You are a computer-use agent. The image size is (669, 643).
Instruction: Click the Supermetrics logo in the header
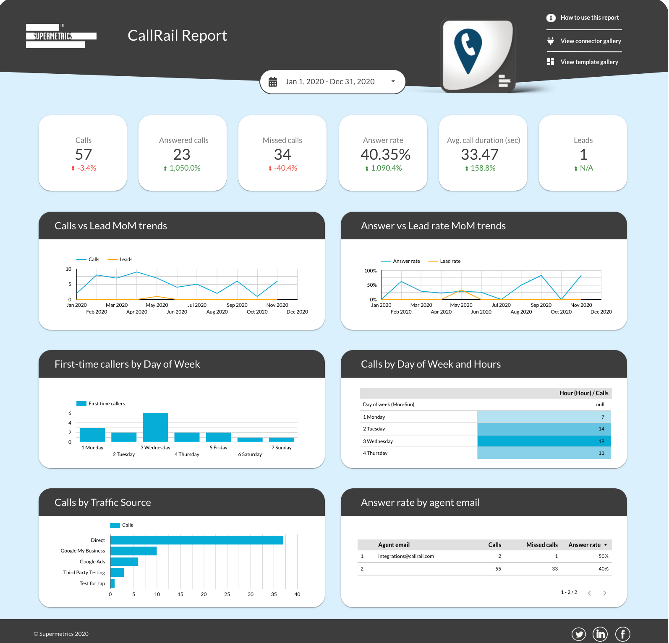(61, 36)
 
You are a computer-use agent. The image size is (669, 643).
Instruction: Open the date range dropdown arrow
(393, 81)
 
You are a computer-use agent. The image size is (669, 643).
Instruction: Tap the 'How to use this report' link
(589, 18)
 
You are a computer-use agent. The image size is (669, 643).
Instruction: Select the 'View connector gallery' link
(591, 41)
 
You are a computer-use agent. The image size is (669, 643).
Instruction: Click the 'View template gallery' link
(589, 62)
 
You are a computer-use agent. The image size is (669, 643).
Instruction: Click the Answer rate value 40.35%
(385, 155)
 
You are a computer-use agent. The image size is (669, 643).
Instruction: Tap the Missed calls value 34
(282, 155)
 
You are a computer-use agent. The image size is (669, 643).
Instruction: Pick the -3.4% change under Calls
(86, 168)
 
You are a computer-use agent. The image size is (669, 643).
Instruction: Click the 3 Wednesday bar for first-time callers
(155, 428)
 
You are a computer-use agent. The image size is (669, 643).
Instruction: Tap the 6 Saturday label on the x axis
(250, 454)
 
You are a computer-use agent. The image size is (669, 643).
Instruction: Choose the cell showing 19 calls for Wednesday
(544, 441)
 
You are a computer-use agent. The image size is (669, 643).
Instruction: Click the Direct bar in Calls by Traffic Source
(196, 540)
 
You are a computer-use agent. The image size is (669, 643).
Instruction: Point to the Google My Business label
(83, 551)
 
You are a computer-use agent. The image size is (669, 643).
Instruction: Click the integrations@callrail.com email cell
(406, 556)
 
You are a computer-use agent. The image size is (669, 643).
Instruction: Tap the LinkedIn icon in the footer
(600, 634)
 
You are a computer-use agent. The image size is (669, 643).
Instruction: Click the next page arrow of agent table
(604, 593)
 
